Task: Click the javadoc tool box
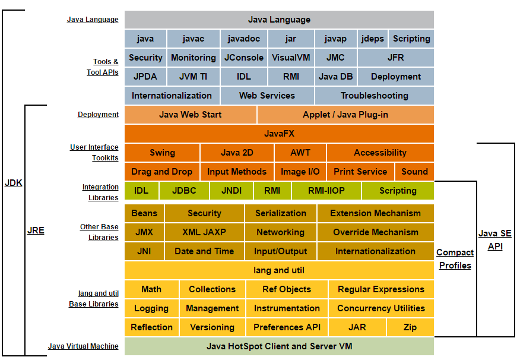(244, 39)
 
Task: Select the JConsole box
(244, 58)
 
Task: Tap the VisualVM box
(291, 58)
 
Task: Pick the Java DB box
(335, 77)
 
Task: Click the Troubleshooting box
(374, 96)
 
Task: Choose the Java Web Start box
(191, 115)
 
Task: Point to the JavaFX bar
(279, 134)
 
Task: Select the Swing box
(162, 153)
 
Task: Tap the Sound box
(414, 172)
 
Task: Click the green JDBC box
(184, 191)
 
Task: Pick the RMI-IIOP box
(326, 191)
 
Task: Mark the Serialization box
(281, 213)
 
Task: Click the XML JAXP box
(204, 232)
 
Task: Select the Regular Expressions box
(381, 289)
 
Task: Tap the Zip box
(410, 327)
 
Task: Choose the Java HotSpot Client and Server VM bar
(279, 346)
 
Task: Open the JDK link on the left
(14, 183)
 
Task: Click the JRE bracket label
(36, 230)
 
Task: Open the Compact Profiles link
(455, 259)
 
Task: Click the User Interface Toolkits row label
(94, 153)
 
